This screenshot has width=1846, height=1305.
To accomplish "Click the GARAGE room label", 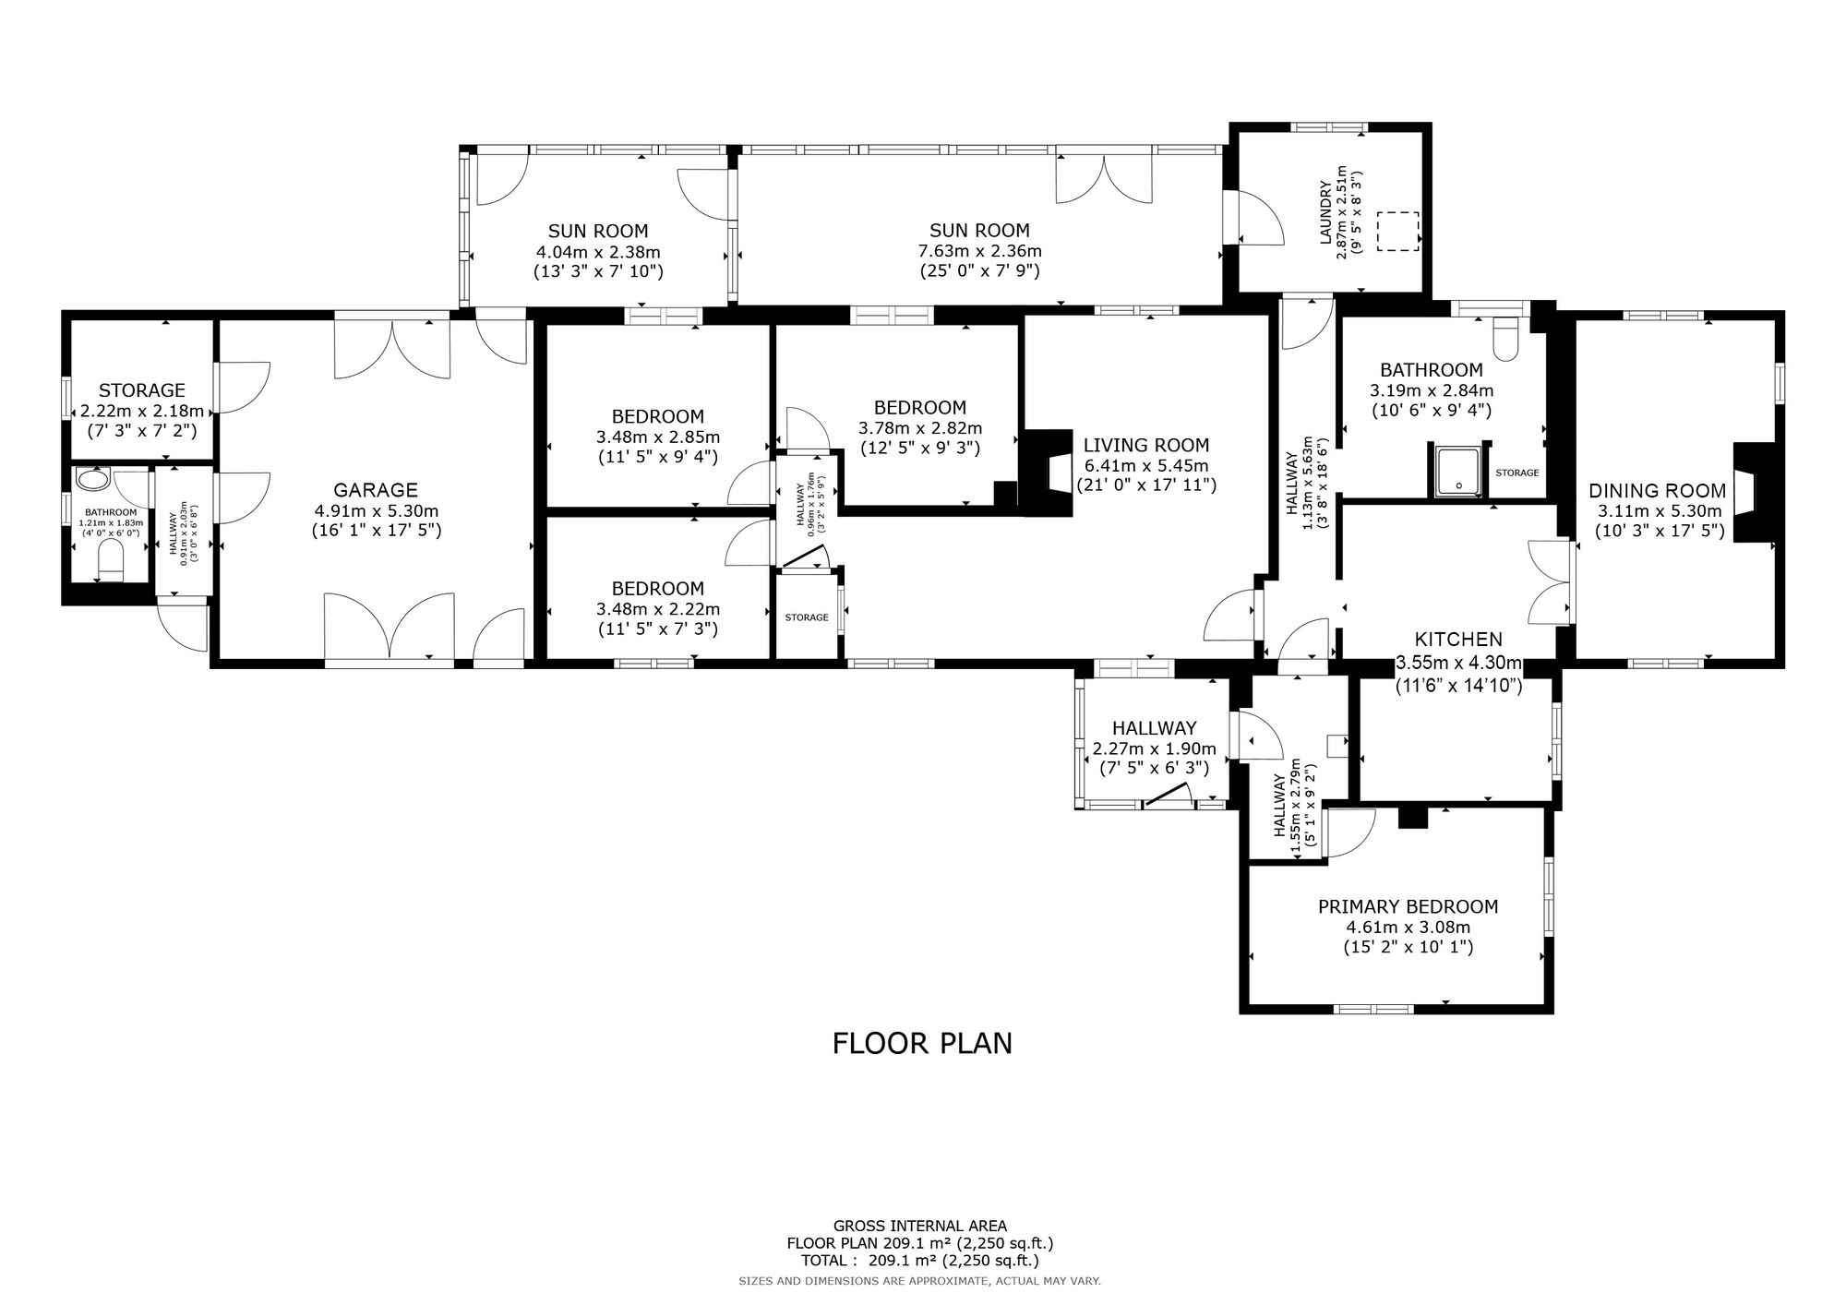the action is [376, 490].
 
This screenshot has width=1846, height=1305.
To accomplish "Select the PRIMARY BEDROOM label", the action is [1408, 906].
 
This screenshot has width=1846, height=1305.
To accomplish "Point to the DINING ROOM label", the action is [1657, 491].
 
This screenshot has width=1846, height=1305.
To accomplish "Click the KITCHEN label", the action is [1458, 639].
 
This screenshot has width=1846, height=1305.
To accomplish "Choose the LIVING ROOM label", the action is [1146, 445].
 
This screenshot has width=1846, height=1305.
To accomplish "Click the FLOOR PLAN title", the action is [922, 1043].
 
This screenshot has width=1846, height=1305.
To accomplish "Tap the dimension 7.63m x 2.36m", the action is [979, 251].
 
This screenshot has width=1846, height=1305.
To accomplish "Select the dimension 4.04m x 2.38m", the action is [598, 252].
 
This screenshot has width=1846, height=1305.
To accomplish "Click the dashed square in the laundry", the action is [1397, 231].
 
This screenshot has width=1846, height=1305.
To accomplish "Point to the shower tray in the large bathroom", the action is [1460, 471].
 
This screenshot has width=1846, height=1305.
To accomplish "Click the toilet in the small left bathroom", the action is [111, 561].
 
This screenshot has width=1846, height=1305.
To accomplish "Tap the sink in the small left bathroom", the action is [93, 479].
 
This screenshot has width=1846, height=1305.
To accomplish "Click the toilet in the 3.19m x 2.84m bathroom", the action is [1505, 341].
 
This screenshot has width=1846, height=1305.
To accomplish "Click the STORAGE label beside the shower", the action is [1517, 473].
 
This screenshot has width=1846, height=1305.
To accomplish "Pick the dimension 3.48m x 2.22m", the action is [658, 609].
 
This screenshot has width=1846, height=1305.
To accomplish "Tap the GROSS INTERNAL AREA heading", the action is [920, 1227].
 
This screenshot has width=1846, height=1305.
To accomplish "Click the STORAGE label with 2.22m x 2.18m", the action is [142, 390].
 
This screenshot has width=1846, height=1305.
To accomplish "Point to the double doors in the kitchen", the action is [1550, 583].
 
